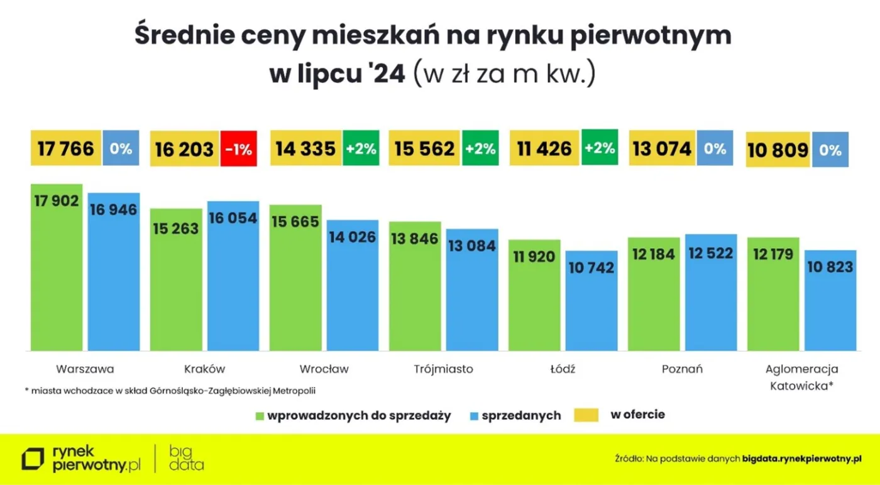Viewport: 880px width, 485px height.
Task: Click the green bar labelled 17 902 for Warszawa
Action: pos(57,267)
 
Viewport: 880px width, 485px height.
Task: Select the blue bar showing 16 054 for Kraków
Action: pos(233,276)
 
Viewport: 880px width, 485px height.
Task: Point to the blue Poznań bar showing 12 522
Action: pos(711,292)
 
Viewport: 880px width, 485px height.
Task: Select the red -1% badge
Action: pos(239,149)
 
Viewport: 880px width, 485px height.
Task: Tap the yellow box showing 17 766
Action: pos(66,149)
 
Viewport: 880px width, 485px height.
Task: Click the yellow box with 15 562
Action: pos(424,149)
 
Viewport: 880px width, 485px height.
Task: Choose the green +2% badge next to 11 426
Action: pos(600,148)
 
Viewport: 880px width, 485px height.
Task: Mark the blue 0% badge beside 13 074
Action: pos(715,149)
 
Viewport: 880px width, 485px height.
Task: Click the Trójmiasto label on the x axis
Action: pos(443,369)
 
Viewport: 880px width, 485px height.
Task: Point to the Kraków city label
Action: pos(204,369)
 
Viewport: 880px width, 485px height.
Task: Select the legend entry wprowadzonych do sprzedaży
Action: pos(358,416)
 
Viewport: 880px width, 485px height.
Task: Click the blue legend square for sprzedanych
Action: pos(474,416)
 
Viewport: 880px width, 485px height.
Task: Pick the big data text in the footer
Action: pos(186,459)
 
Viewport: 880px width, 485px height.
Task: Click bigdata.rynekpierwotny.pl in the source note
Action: pos(801,459)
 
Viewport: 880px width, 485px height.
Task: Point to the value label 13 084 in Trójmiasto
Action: pos(472,245)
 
